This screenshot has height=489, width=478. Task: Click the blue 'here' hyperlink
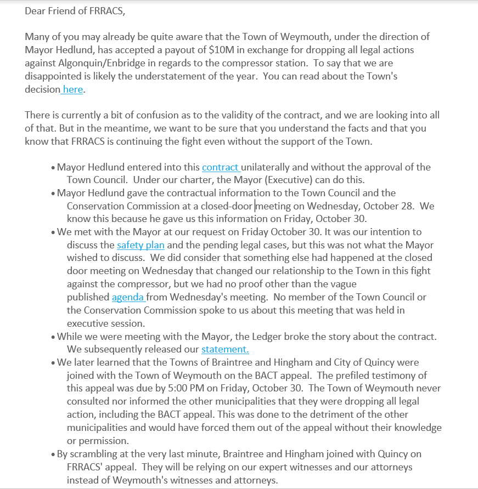point(73,89)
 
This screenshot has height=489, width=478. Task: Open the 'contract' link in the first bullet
point(220,167)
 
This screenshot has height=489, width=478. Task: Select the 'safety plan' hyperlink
point(140,245)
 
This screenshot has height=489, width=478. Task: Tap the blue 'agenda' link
point(128,297)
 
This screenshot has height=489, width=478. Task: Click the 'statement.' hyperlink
point(225,349)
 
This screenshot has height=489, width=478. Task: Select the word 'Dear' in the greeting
point(36,11)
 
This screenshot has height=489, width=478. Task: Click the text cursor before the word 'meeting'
point(255,206)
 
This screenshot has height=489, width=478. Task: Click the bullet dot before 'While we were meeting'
point(53,337)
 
